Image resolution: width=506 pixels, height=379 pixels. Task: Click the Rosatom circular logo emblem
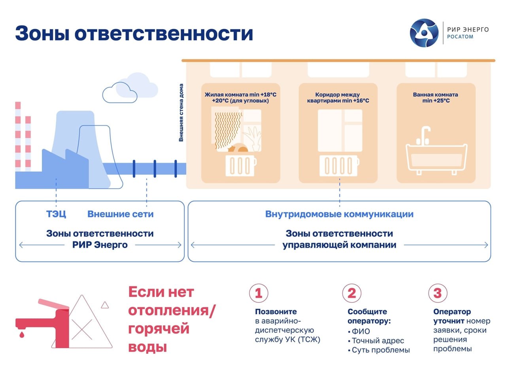(x=424, y=33)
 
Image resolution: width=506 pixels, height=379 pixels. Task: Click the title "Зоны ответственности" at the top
(x=134, y=33)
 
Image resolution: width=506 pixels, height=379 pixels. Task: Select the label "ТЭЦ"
(x=56, y=214)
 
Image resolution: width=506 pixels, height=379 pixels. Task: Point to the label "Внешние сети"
(x=120, y=214)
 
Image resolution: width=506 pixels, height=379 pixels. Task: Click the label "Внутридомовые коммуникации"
(x=339, y=214)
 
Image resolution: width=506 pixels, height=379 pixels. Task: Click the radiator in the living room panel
(x=241, y=165)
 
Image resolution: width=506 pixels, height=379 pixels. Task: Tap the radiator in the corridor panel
(x=339, y=165)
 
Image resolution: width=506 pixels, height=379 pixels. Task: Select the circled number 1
(x=259, y=293)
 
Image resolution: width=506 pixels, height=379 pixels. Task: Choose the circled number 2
(x=351, y=293)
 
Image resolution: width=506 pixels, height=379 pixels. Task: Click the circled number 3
(x=437, y=293)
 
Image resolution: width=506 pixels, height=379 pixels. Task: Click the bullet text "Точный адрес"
(x=378, y=341)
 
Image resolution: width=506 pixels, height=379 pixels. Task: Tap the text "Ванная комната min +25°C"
(x=435, y=98)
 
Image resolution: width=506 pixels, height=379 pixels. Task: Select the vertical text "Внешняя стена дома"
(x=181, y=113)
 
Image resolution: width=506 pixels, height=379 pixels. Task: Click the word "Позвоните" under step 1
(x=276, y=311)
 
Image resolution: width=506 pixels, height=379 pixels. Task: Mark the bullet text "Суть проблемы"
(x=380, y=350)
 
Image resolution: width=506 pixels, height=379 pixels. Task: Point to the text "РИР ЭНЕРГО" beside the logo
(x=468, y=29)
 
